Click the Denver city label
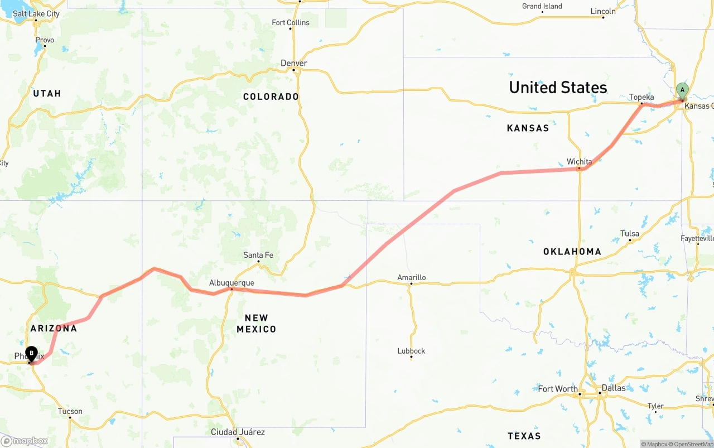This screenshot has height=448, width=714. pos(294,63)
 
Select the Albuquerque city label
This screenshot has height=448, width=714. pos(231,283)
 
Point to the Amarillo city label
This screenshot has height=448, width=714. pos(412,277)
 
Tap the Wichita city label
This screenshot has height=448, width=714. pos(579,162)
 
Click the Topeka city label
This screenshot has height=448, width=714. pos(641,97)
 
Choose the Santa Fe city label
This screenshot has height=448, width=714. pos(258,255)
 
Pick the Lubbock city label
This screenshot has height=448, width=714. pos(411,351)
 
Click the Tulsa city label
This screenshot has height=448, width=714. pos(630,234)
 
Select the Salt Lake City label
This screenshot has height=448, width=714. pos(36,13)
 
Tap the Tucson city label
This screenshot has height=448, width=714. pos(70,411)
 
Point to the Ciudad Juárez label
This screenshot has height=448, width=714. pos(238,432)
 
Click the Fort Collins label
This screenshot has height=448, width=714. pos(290,22)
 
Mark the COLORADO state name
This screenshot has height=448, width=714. pos(271,97)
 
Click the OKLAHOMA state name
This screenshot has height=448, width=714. pos(572,252)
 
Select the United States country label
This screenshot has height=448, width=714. pos(558,88)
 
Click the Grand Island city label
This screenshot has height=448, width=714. pos(542,6)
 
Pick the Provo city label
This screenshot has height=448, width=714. pos(45,40)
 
